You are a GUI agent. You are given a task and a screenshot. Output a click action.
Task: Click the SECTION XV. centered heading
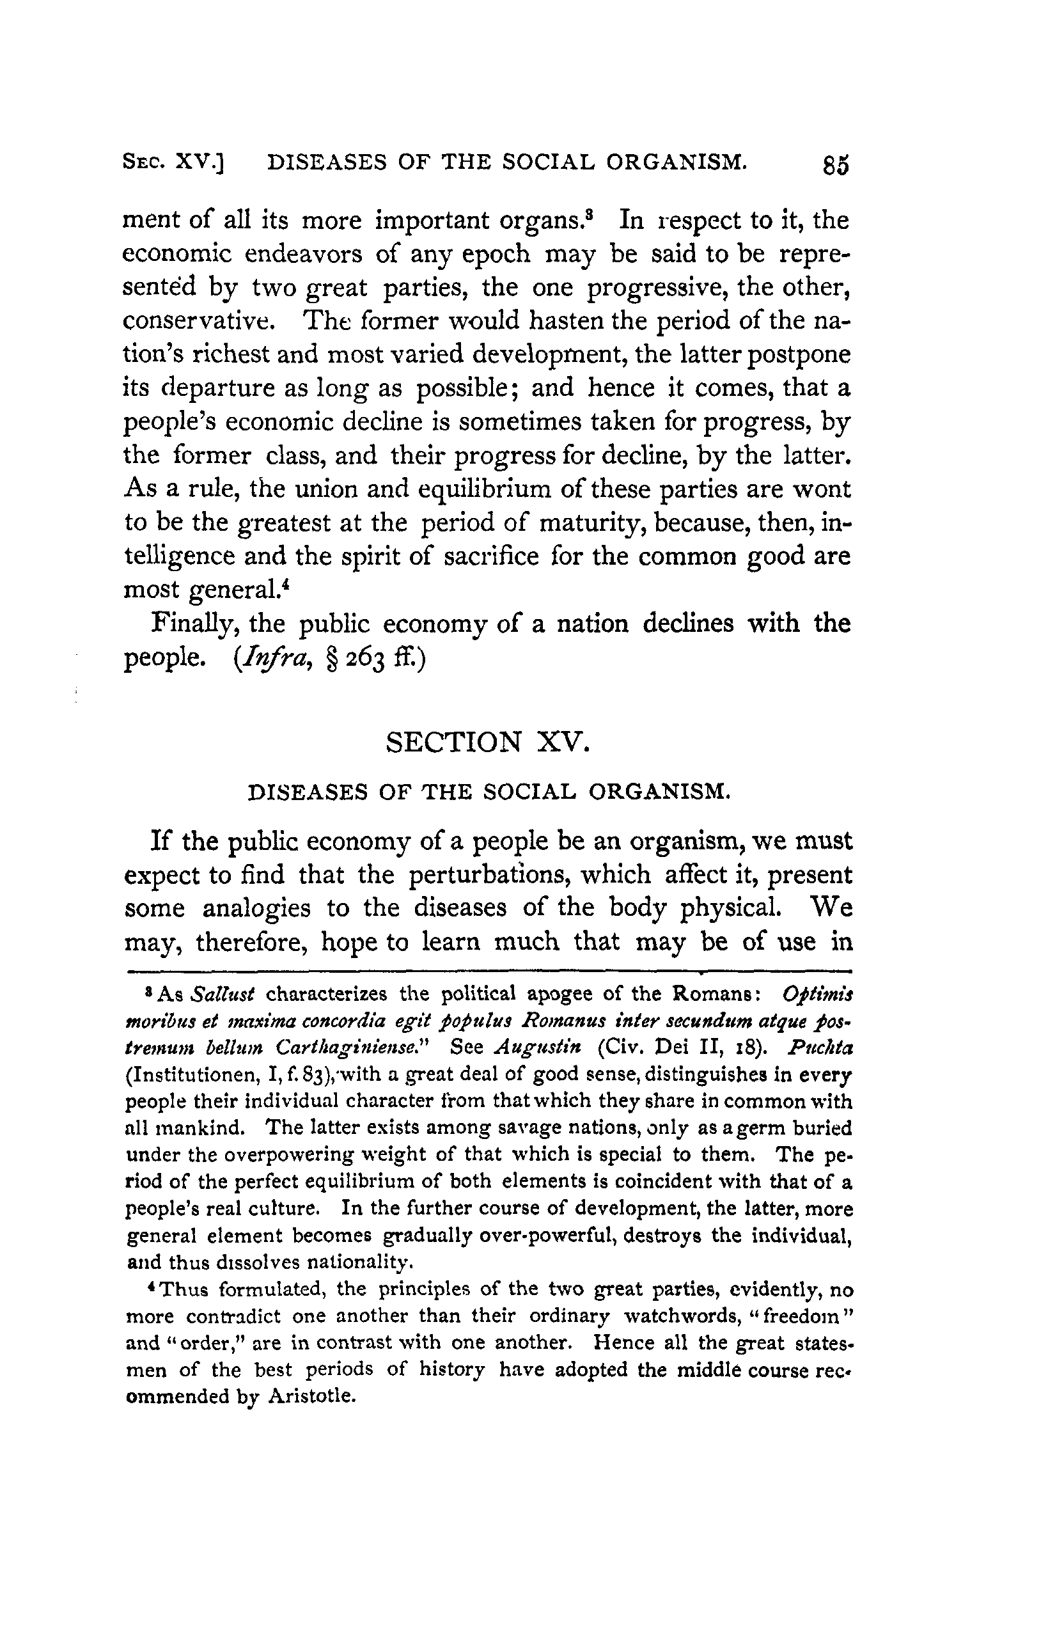pos(488,742)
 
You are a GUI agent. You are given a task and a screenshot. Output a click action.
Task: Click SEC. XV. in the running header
pos(175,162)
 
